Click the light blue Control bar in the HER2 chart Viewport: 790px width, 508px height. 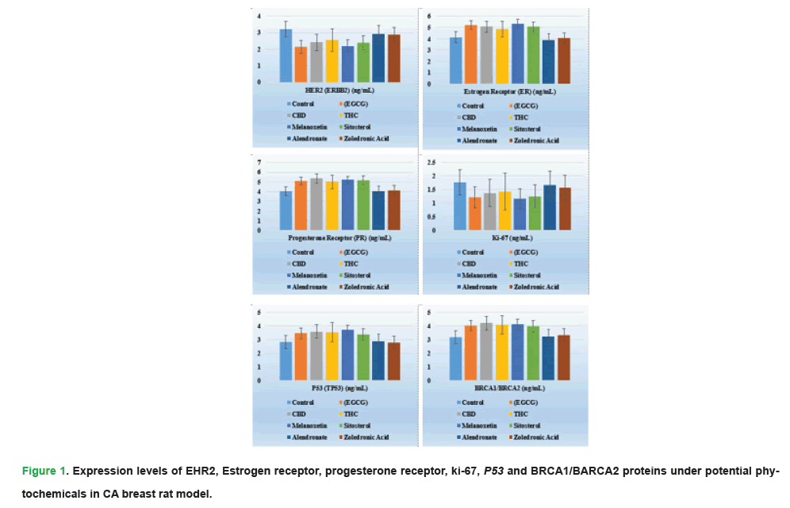286,56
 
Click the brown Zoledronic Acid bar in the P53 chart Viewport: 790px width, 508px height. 393,361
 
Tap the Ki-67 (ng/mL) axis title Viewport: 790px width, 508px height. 506,237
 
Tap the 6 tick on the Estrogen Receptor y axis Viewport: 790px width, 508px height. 429,16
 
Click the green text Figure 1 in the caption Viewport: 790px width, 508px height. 44,471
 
